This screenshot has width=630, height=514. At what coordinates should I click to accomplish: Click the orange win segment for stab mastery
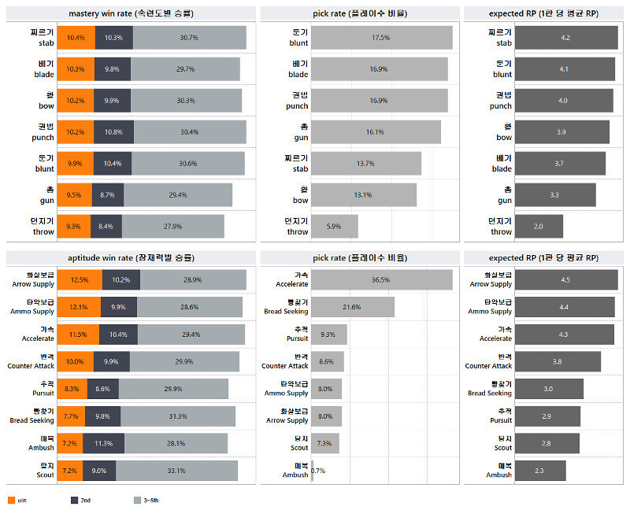76,38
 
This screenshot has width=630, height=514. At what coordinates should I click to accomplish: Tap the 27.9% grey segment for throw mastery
172,227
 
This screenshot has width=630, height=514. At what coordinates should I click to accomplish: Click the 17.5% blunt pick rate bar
381,38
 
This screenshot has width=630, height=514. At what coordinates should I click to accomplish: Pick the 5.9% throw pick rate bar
335,227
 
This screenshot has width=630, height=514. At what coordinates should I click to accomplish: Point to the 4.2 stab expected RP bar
565,38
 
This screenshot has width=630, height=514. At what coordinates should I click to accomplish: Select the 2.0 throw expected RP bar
538,227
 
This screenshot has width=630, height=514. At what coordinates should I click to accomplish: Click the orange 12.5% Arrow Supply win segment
79,280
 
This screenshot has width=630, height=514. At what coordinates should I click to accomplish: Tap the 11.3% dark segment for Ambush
102,443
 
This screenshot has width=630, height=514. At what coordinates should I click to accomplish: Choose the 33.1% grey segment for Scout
176,471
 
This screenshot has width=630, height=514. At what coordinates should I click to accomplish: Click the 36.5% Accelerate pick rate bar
381,280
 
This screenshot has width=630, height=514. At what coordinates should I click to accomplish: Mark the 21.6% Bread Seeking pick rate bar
353,307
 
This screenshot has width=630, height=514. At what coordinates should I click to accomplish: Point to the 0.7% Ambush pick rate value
318,471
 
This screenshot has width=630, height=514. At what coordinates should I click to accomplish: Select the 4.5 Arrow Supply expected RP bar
565,280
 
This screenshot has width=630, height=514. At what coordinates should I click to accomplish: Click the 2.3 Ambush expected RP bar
539,471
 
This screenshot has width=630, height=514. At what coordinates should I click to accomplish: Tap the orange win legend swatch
11,500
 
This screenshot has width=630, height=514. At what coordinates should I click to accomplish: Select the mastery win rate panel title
131,13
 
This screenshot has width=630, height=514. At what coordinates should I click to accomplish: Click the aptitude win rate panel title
131,257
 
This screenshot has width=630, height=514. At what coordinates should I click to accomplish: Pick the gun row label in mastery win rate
43,195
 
